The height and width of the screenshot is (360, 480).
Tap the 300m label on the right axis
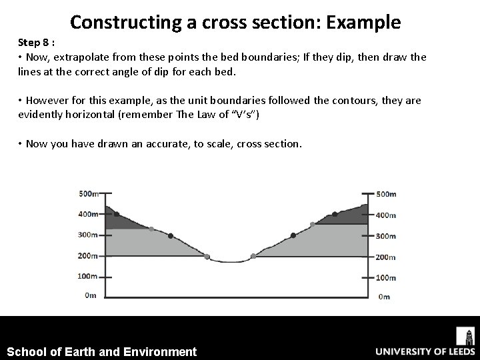coord(385,236)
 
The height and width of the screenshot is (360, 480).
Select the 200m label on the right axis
coord(385,257)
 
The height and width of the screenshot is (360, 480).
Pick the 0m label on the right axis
coord(383,297)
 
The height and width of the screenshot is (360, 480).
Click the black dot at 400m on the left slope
coord(117,214)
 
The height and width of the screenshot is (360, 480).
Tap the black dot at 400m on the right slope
coord(335,215)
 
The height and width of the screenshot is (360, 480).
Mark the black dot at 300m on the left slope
coord(171,235)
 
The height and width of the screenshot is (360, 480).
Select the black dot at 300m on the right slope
coord(293,235)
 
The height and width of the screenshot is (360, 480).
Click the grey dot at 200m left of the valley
coord(207,257)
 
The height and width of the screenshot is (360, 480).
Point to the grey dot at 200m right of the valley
coord(253,256)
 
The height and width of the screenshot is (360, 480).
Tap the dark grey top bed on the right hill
coord(347,217)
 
